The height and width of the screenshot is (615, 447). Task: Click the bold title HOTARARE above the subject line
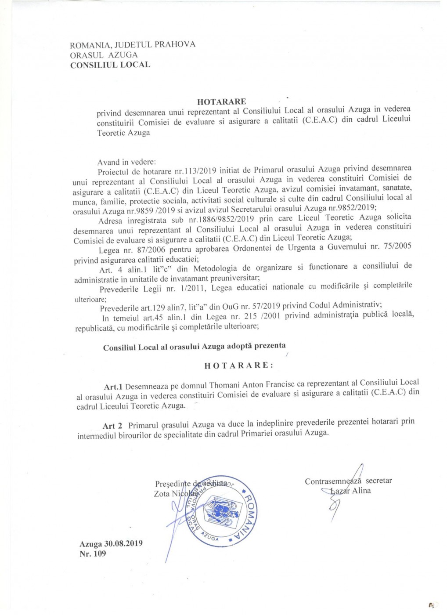(221, 101)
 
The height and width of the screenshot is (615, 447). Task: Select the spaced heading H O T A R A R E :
(239, 365)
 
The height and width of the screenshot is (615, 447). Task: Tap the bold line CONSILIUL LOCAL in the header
(110, 65)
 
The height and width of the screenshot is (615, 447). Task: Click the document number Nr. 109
(93, 553)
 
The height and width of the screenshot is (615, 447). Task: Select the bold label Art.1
(113, 387)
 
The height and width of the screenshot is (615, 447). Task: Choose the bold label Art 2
(112, 426)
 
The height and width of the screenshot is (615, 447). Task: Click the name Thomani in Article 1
(224, 385)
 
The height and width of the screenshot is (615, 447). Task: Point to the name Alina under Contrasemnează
(361, 491)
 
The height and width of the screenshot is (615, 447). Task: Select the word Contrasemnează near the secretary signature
(333, 481)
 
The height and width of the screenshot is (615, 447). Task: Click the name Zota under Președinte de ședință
(162, 494)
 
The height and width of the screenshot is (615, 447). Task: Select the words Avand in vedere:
(126, 162)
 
